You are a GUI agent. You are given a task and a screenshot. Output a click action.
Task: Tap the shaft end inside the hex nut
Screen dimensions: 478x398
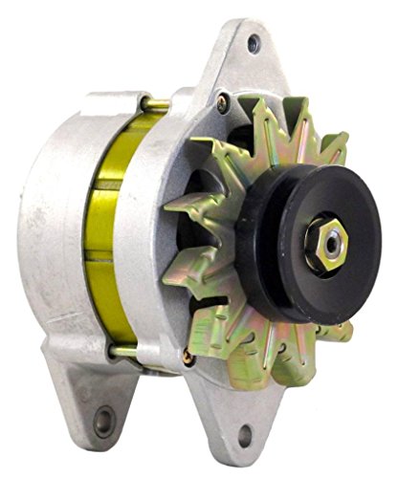pos(329,241)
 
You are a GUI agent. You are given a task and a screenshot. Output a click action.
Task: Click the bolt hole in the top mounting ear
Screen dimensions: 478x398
pos(254,43)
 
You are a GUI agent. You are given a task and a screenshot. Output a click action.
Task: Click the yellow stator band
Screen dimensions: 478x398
pos(103,210)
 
